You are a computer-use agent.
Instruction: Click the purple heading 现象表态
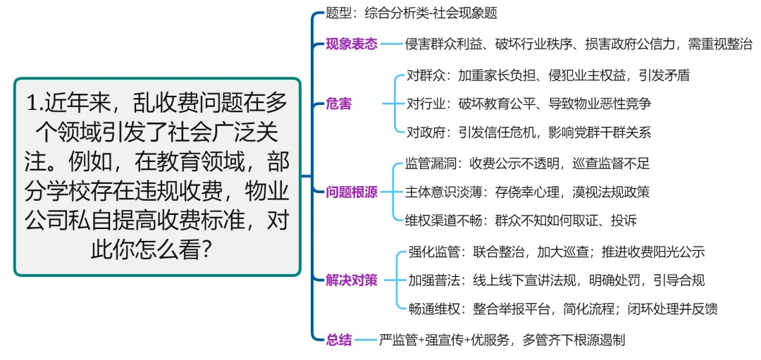pos(352,44)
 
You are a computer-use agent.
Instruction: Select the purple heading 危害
pos(338,104)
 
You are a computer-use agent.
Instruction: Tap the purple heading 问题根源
pos(352,192)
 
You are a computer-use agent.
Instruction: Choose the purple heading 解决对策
pos(352,280)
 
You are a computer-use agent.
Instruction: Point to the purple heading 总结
pos(338,340)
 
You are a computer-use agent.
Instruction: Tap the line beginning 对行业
pos(528,104)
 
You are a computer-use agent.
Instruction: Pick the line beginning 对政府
pos(528,133)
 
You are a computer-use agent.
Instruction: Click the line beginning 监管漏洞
pos(527,163)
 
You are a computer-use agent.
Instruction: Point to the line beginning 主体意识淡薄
pos(527,192)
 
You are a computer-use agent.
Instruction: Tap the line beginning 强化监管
pos(557,252)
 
